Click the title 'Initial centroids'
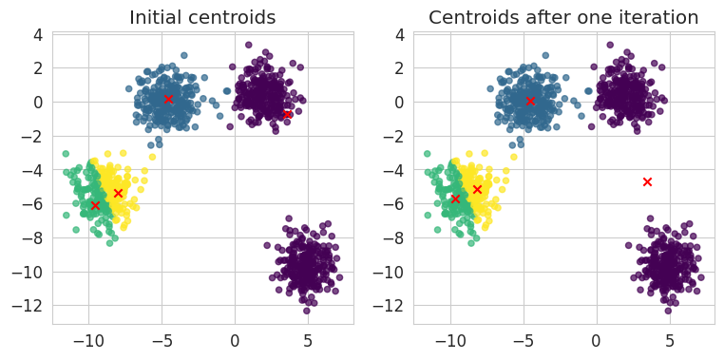coord(202,17)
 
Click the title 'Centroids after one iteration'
coord(563,17)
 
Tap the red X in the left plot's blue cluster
coord(168,99)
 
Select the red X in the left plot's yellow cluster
coord(118,193)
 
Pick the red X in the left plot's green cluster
coord(95,205)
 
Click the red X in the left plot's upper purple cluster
coord(287,114)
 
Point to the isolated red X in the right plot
coord(647,181)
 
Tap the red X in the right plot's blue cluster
coord(530,101)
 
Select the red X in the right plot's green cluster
coord(456,199)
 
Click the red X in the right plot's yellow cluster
coord(477,189)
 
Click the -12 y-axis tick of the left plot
coord(33,306)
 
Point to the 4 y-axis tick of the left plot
coord(42,34)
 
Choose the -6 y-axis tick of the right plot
coord(398,203)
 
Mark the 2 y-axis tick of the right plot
coord(403,67)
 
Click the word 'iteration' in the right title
coord(657,17)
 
